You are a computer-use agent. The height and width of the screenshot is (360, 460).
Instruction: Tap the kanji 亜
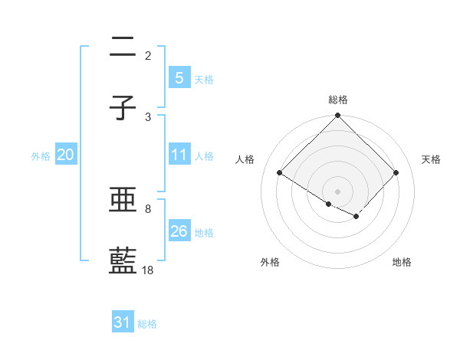[123, 201]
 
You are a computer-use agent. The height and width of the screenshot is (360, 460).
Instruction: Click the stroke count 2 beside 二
[148, 55]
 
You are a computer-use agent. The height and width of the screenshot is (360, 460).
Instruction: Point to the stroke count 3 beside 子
[148, 116]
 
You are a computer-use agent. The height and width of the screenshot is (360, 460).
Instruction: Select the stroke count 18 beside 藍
[148, 270]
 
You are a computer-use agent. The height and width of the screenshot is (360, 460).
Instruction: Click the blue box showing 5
[179, 78]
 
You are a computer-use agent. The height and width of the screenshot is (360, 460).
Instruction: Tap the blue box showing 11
[179, 155]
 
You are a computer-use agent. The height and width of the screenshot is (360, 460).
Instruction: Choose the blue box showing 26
[179, 231]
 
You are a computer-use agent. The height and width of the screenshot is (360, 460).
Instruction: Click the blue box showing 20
[65, 155]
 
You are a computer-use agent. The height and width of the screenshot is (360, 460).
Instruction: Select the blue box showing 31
[123, 323]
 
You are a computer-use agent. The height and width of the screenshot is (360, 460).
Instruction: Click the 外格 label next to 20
[41, 156]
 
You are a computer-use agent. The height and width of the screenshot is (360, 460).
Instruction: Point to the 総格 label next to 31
[147, 325]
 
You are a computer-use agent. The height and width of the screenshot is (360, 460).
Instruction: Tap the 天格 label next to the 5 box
[204, 80]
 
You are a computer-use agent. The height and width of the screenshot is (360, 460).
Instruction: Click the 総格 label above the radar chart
[338, 100]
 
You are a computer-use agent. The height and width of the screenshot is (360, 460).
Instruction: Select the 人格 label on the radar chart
[245, 159]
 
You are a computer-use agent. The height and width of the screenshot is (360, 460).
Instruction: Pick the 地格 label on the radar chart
[402, 263]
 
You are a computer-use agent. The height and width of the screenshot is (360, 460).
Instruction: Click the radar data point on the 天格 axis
[396, 173]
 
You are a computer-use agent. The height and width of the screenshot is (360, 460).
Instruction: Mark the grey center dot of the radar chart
[338, 191]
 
